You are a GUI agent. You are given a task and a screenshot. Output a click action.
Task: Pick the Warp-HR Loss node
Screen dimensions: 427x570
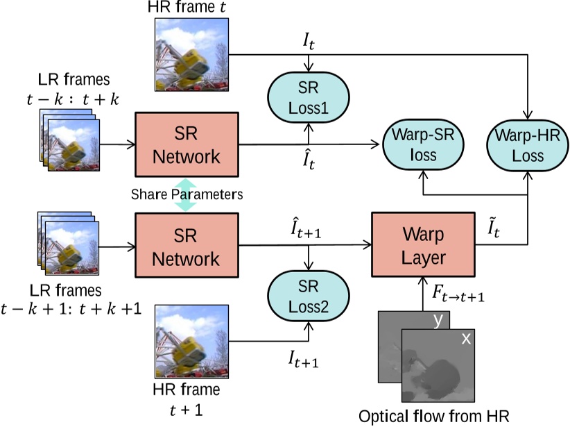coord(528,144)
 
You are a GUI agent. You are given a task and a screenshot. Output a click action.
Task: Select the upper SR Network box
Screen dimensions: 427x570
coord(187,144)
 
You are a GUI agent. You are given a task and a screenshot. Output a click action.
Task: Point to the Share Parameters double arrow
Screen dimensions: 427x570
coord(186,195)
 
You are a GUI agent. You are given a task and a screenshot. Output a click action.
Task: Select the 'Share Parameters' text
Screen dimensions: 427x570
coord(187,194)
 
